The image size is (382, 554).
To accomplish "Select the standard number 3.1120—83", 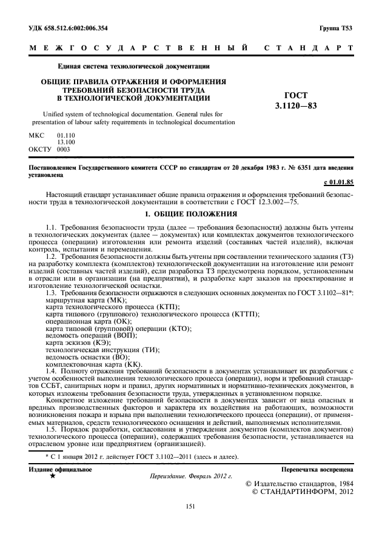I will [296, 105].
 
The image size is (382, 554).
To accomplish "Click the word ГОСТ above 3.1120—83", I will [296, 96].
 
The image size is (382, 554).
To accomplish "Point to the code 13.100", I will [65, 141].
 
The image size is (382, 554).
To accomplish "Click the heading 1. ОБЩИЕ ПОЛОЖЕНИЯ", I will [191, 215].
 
